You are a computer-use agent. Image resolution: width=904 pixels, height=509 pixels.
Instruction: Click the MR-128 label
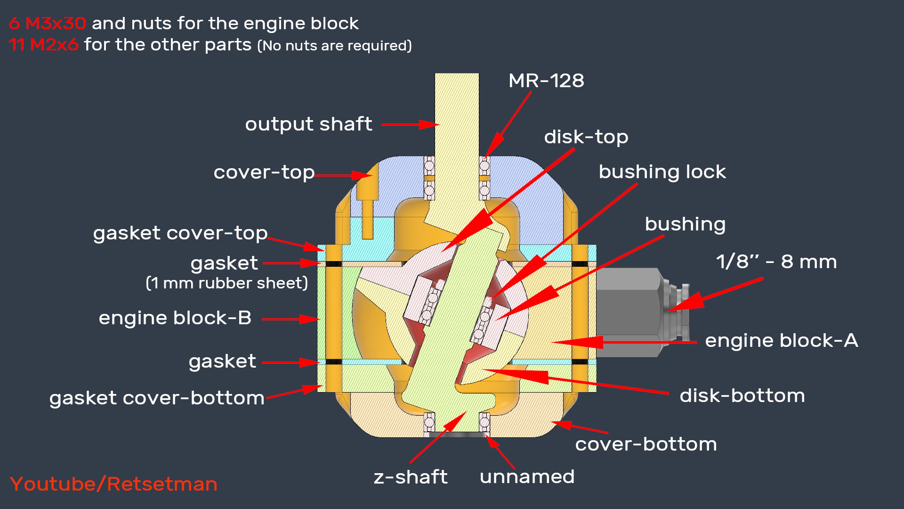coord(546,81)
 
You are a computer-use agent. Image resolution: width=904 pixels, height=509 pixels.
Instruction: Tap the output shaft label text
coord(308,124)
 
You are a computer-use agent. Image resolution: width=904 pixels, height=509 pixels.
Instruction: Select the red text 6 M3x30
coord(47,23)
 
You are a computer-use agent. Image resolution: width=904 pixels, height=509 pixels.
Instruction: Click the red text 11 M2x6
coord(43,45)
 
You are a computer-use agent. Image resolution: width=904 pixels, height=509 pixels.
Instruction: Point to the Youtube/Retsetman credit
coord(113,484)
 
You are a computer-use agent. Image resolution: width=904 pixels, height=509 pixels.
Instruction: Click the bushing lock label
coord(662,172)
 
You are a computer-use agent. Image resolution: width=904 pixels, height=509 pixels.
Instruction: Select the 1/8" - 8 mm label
coord(776,262)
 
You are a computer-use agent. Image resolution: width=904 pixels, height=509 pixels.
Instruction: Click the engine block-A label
coord(781,340)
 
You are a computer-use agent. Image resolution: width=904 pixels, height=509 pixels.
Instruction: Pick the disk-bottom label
coord(742,396)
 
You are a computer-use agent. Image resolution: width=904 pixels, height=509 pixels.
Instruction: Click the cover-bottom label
coord(646,444)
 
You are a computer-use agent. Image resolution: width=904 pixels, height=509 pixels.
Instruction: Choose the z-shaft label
coord(410,477)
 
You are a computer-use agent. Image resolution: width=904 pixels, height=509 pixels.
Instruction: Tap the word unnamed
coord(527,476)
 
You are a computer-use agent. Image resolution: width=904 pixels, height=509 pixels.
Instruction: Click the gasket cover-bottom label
coord(157,398)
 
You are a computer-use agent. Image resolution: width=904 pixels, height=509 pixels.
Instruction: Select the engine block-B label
coord(175,318)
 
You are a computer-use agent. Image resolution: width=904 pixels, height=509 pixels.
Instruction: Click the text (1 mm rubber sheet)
coord(226,283)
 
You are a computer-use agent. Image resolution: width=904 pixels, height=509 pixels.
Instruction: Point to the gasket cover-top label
coord(180,233)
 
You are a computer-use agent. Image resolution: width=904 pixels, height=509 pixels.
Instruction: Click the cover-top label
coord(264,172)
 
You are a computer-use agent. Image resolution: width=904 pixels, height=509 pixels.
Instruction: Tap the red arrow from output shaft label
coord(410,124)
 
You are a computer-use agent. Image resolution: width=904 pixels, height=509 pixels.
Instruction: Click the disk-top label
coord(586,137)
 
